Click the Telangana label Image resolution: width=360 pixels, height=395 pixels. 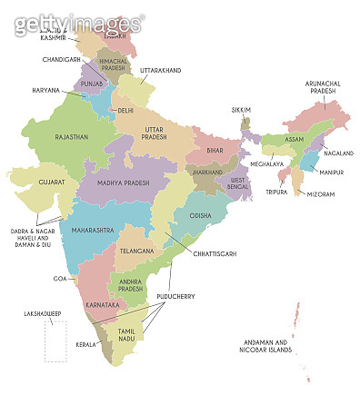pos(140,248)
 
